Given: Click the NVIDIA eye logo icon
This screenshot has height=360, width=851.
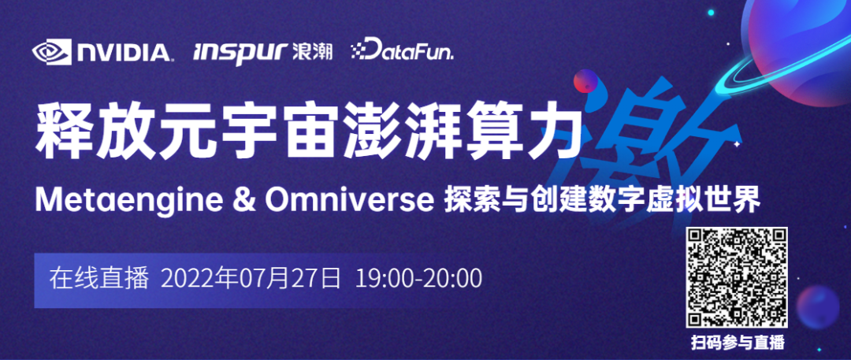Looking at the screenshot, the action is (x=51, y=51).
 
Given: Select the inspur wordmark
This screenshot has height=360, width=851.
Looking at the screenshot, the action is (x=240, y=54).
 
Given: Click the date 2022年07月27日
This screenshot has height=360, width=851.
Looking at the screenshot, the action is (x=251, y=279).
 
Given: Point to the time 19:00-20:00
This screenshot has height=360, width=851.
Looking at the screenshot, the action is (x=418, y=279).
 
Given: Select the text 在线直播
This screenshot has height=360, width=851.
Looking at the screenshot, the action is (x=98, y=279).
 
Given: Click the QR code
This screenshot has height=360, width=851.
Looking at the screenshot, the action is (x=737, y=277).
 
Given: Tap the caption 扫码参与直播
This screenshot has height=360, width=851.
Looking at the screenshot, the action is (x=737, y=343).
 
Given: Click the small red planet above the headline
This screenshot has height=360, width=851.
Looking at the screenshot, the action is (x=585, y=81).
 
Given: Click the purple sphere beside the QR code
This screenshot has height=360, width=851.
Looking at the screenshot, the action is (x=818, y=307).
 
